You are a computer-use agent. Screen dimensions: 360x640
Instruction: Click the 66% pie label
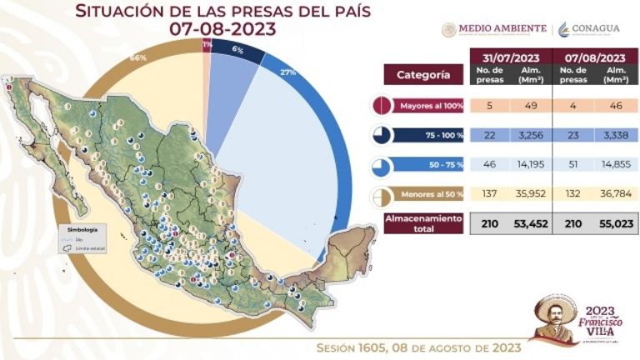coord(138,58)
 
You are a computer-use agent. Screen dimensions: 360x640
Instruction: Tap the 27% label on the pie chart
coord(288,72)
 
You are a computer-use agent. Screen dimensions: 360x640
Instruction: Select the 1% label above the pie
coord(207,43)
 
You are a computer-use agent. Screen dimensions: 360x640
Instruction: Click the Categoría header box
coord(422,74)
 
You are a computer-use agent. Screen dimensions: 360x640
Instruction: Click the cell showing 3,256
coord(532,136)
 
